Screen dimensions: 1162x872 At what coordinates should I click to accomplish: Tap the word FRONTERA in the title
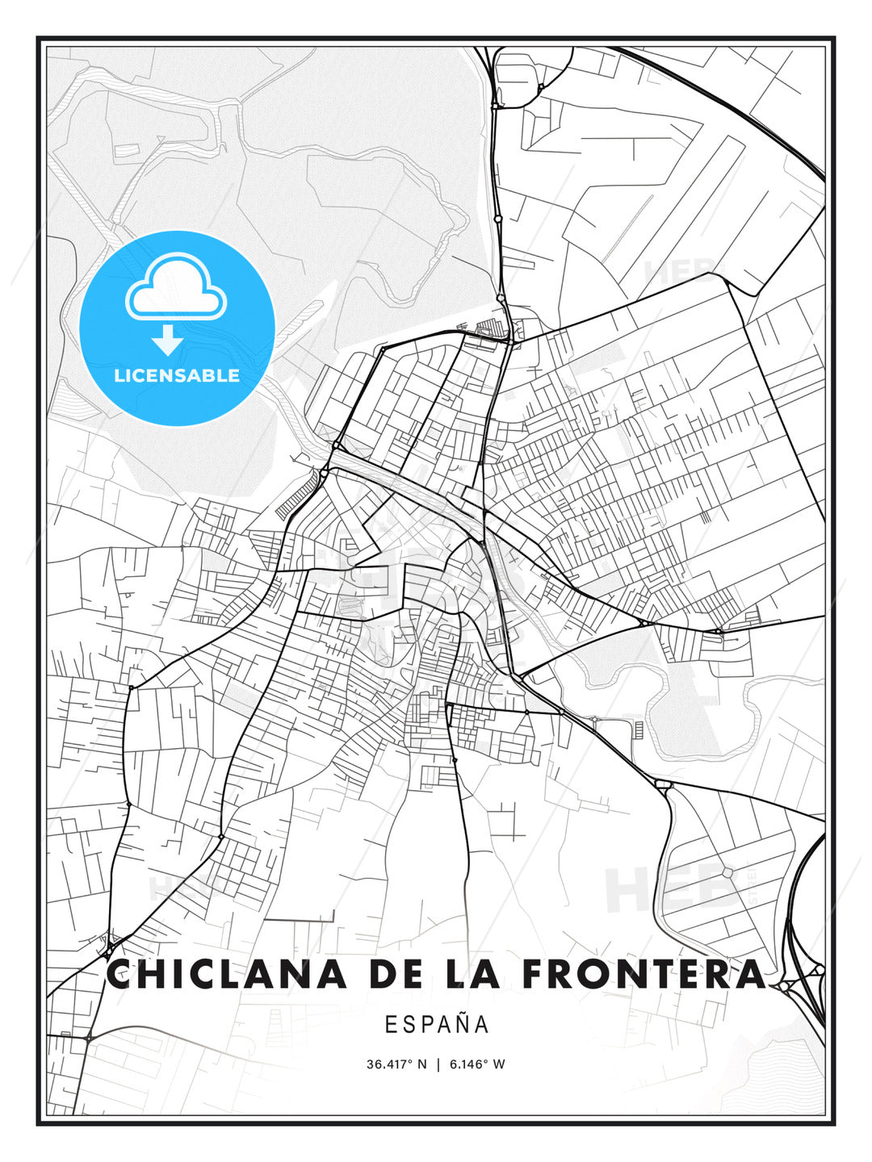click(644, 974)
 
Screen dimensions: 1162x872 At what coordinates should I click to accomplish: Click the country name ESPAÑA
click(437, 1025)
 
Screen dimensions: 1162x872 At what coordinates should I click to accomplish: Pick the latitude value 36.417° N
click(396, 1064)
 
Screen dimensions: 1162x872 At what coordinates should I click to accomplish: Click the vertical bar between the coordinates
click(438, 1064)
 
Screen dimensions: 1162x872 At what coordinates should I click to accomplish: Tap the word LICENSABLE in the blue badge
click(177, 375)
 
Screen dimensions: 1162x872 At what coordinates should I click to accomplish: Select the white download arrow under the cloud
click(168, 341)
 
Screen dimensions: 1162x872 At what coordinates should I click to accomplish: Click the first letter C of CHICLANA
click(122, 974)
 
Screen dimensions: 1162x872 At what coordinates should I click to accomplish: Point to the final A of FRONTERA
click(749, 974)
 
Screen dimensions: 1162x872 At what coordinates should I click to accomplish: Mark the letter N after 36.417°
click(421, 1064)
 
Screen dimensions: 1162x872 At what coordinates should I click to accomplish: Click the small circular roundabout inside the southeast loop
click(727, 872)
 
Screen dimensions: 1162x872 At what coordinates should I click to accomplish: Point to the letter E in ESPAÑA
click(390, 1025)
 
